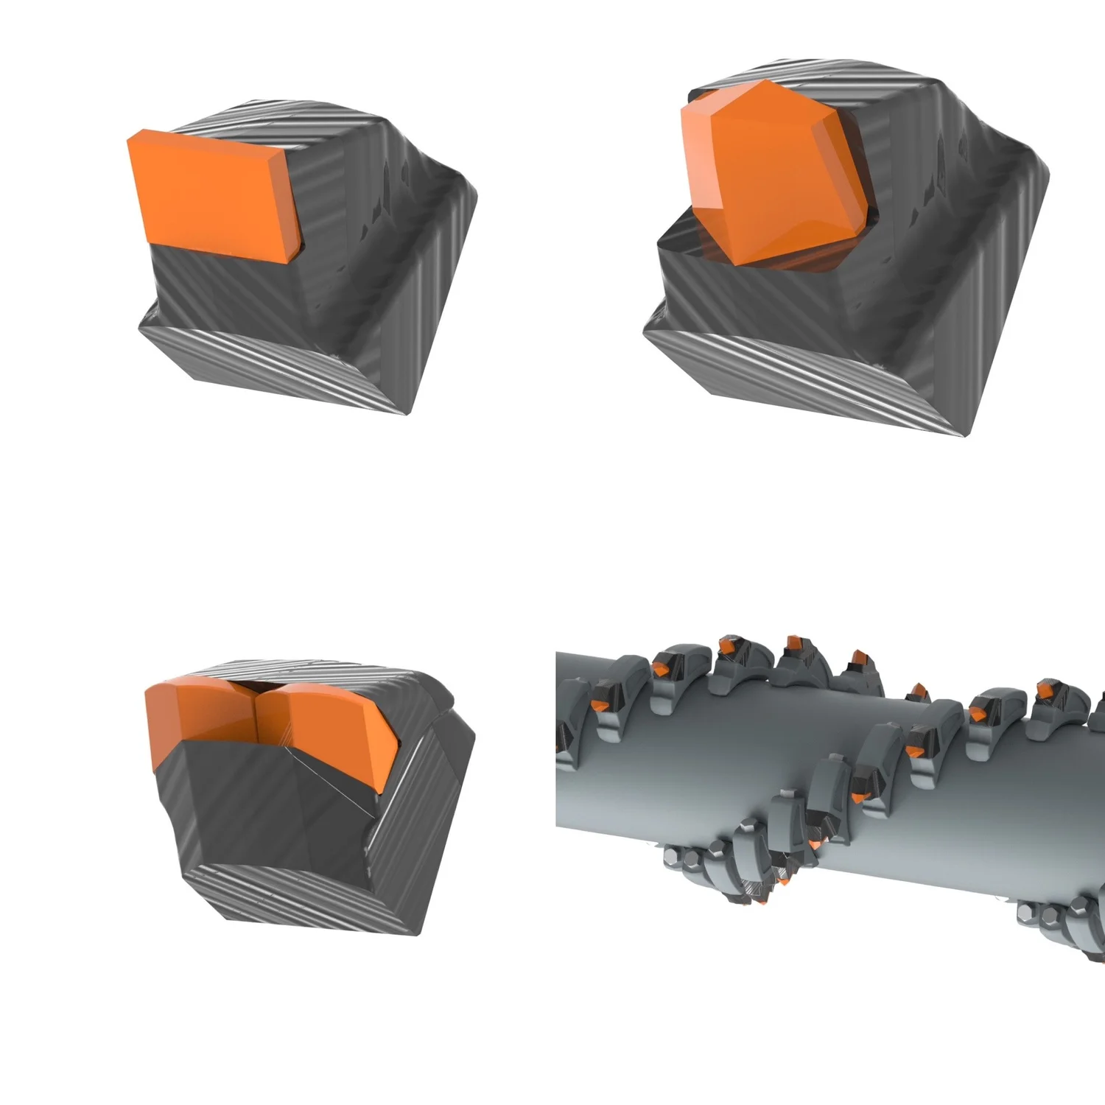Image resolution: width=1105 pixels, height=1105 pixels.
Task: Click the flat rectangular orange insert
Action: [x=210, y=195]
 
